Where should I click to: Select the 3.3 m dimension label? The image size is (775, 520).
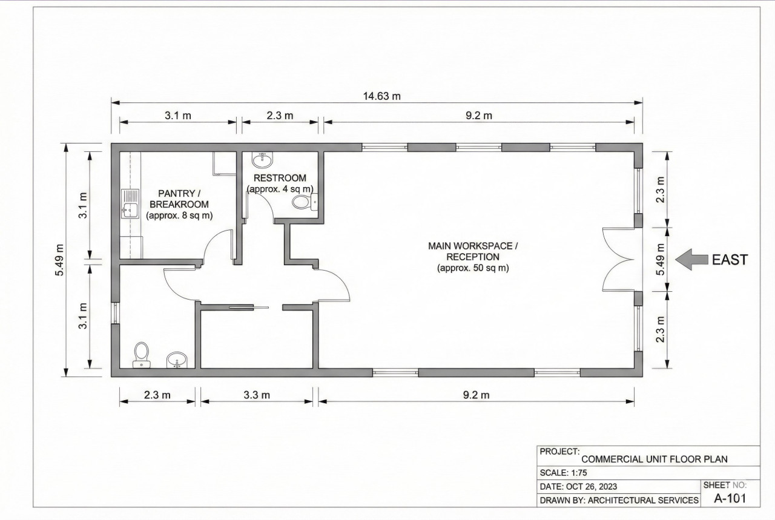(x=256, y=395)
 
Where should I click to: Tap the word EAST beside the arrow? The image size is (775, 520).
(x=730, y=260)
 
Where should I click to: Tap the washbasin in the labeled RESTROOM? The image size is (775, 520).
(x=263, y=160)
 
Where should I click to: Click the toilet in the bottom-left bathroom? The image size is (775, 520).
(x=141, y=354)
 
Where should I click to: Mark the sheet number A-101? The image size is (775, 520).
(x=729, y=498)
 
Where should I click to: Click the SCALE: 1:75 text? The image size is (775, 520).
(x=562, y=473)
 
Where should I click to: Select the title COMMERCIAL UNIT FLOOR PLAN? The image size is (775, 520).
(x=654, y=459)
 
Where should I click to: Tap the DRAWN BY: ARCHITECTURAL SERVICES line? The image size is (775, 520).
(x=618, y=501)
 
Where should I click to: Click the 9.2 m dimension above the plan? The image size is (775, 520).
(x=479, y=116)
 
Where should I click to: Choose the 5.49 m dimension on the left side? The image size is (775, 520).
(x=59, y=259)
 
